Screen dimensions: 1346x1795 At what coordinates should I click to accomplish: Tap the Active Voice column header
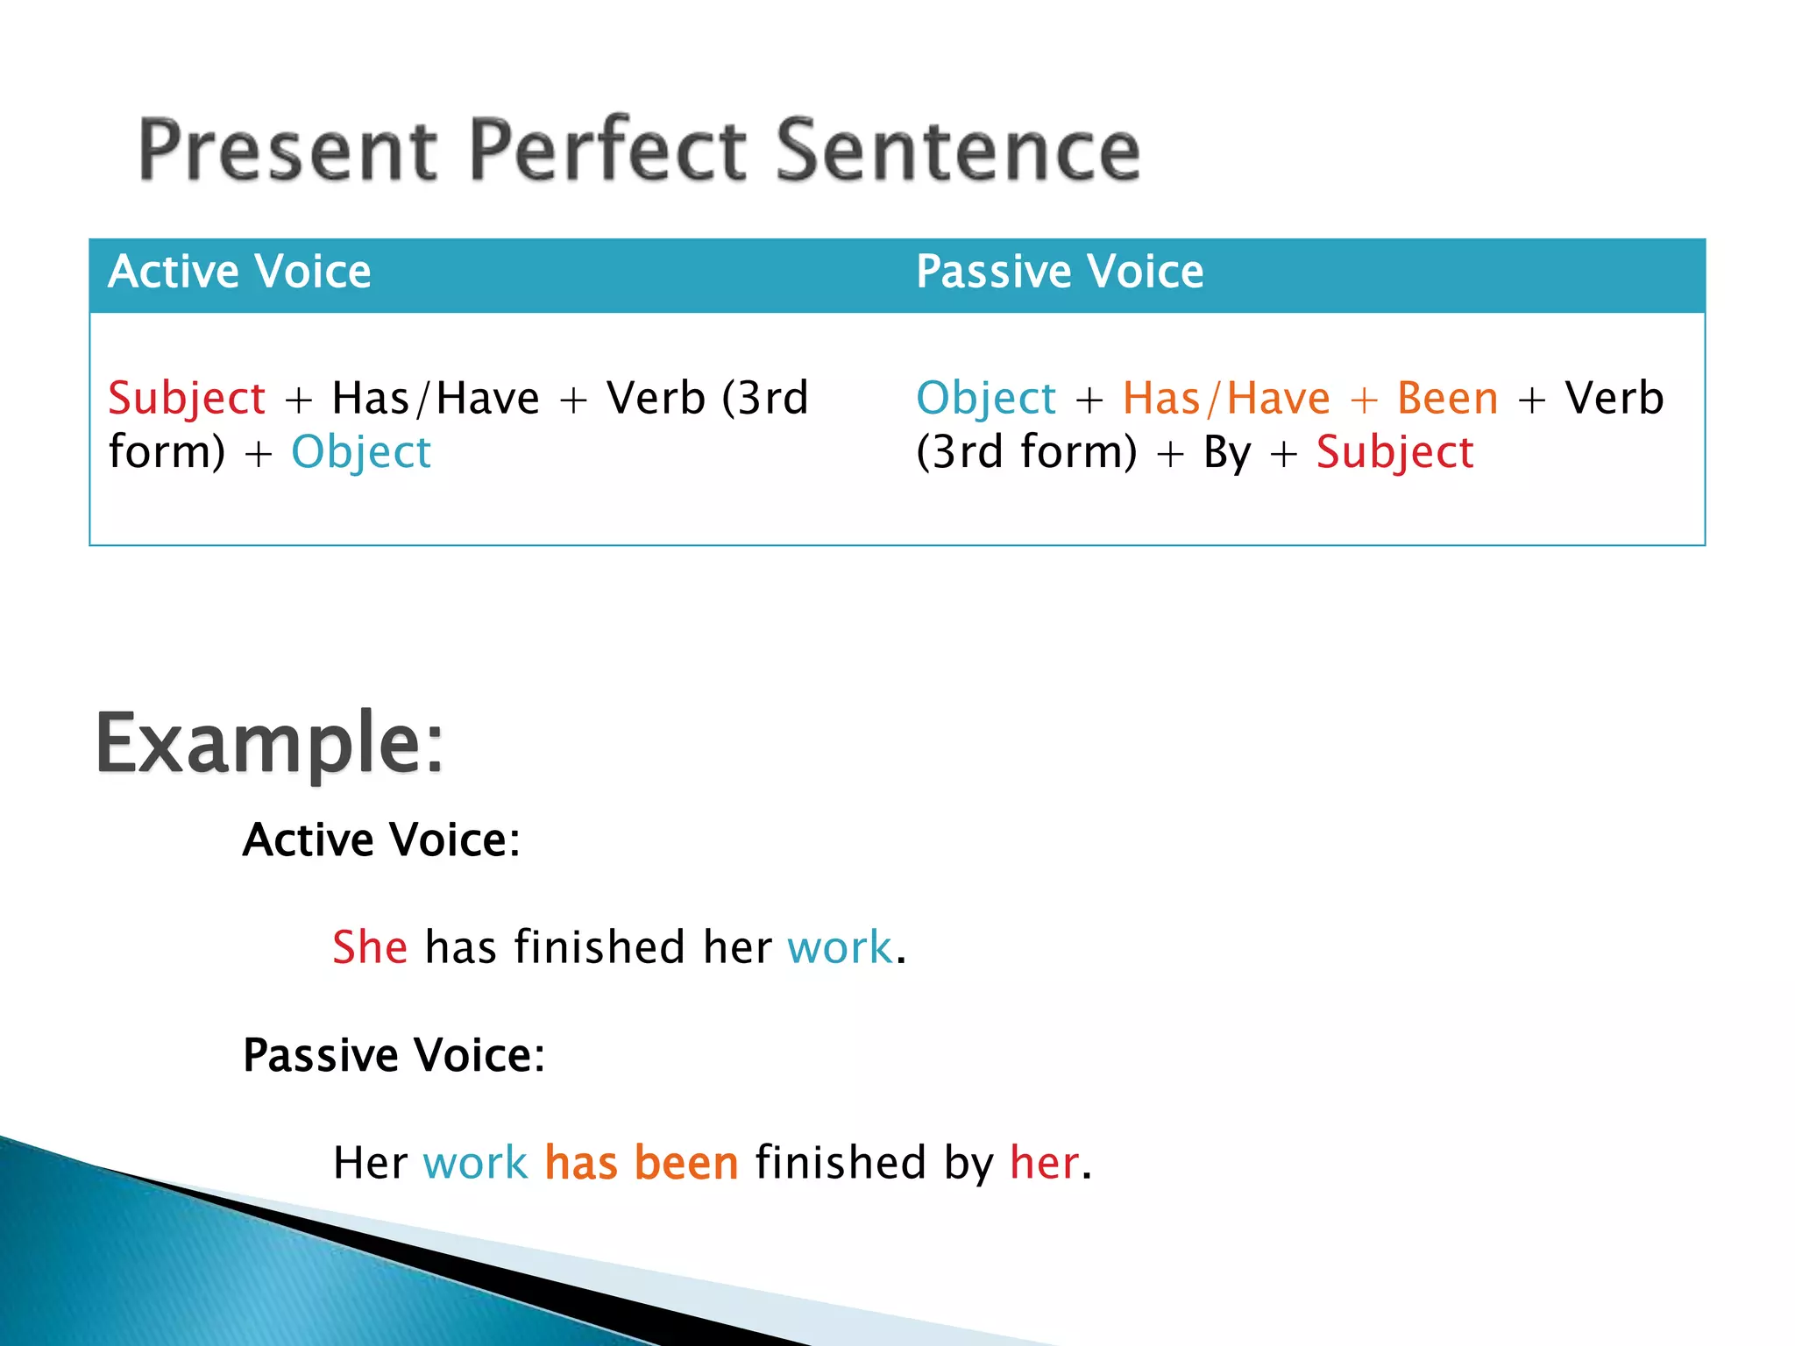(x=239, y=271)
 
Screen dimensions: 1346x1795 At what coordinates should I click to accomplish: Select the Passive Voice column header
(x=1060, y=271)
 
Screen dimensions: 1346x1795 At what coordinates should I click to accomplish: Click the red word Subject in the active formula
(x=187, y=400)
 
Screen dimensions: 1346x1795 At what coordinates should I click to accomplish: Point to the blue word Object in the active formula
(x=361, y=453)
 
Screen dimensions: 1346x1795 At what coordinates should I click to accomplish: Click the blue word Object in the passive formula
(x=986, y=400)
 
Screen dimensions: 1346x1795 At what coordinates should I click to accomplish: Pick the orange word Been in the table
(x=1448, y=399)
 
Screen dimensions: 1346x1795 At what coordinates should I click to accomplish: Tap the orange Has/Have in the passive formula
(x=1226, y=399)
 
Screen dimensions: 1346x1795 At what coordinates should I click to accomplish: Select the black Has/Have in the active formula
(x=436, y=399)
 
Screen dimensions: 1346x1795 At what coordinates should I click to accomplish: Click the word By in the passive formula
(x=1227, y=453)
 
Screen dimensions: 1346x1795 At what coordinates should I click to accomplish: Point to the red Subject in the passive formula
(x=1395, y=453)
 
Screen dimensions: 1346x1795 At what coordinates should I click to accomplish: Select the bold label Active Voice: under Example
(x=381, y=839)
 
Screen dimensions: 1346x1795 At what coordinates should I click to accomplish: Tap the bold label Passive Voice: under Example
(x=394, y=1054)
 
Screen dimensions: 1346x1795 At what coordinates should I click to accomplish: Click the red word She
(x=370, y=947)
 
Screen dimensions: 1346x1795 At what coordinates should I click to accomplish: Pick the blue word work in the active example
(x=840, y=947)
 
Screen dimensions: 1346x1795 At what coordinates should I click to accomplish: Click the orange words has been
(x=642, y=1163)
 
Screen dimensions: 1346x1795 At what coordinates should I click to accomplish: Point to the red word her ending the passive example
(x=1044, y=1163)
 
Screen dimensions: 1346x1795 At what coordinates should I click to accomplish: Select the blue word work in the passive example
(x=475, y=1163)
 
